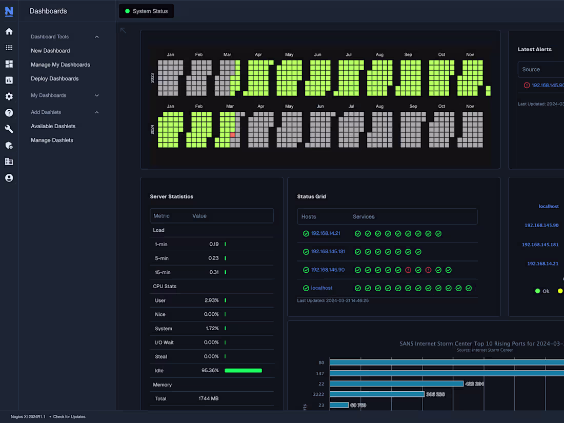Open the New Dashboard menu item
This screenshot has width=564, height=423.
point(50,51)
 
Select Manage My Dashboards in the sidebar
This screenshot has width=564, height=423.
point(61,65)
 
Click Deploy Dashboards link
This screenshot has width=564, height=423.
point(55,78)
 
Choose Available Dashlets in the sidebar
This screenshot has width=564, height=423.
point(53,126)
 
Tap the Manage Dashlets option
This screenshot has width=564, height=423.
point(52,140)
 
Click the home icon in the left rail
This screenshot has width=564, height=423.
point(9,31)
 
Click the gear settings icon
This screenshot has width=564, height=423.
point(9,96)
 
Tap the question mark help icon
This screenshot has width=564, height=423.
point(9,113)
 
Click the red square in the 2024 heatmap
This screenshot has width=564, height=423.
point(232,134)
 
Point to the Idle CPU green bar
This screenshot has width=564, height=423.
point(243,370)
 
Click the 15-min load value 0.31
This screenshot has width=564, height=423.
point(214,272)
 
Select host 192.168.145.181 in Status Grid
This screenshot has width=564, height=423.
point(328,252)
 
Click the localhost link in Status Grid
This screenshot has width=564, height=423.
point(321,288)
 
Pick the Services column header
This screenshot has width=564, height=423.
point(364,217)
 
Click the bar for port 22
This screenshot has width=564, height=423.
point(396,384)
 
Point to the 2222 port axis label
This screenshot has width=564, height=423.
point(318,394)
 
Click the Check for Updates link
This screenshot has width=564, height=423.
point(69,417)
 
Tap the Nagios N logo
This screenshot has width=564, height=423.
point(9,11)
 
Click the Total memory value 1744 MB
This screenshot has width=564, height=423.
point(209,398)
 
